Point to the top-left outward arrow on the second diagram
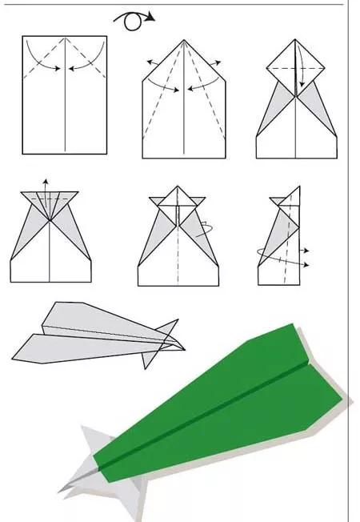150,61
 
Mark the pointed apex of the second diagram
184,40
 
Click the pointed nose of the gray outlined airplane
183,348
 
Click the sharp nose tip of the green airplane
58,491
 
